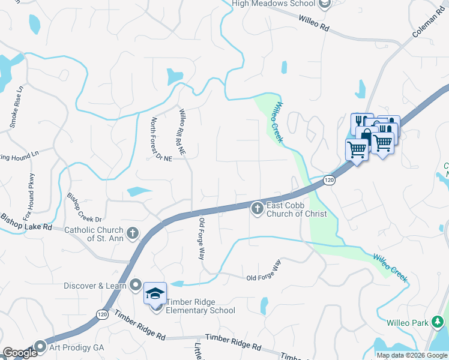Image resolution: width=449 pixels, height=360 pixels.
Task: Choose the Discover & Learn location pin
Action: (x=137, y=285)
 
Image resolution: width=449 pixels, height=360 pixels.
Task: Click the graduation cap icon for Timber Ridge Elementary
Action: (x=155, y=293)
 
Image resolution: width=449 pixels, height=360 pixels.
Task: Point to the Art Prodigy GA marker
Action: (x=41, y=346)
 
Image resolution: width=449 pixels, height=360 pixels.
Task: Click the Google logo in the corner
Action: (x=19, y=353)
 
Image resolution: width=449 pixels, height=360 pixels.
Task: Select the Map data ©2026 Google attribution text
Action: (x=412, y=355)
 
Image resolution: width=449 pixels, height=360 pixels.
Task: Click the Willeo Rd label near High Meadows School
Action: (x=316, y=22)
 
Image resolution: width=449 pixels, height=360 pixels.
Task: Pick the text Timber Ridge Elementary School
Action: (x=200, y=306)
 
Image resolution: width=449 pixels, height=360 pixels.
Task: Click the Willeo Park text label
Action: (x=407, y=322)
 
